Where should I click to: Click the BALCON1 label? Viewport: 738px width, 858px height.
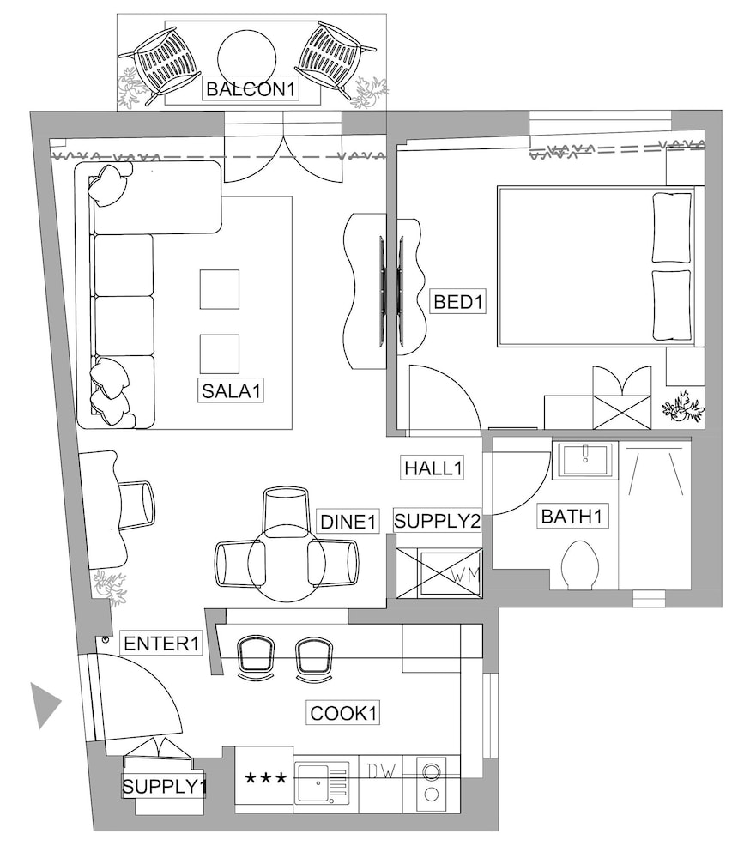pyautogui.click(x=251, y=88)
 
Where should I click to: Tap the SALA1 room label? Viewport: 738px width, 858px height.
pyautogui.click(x=231, y=390)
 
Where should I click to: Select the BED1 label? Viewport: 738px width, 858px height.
pyautogui.click(x=457, y=301)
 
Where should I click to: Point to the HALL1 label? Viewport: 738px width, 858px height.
pyautogui.click(x=433, y=468)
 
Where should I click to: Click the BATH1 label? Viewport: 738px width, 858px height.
pyautogui.click(x=572, y=516)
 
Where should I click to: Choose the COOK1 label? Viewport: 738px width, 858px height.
pyautogui.click(x=343, y=713)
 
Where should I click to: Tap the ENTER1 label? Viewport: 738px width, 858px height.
pyautogui.click(x=161, y=643)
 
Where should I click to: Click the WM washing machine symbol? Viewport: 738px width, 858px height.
pyautogui.click(x=451, y=574)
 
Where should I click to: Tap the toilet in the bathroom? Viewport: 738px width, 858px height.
pyautogui.click(x=580, y=565)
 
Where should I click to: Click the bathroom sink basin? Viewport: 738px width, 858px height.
pyautogui.click(x=585, y=460)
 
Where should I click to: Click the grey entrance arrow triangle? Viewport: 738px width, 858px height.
pyautogui.click(x=45, y=705)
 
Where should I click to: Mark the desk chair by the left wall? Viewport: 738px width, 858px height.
pyautogui.click(x=136, y=505)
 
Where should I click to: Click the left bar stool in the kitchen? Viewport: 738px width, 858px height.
pyautogui.click(x=256, y=656)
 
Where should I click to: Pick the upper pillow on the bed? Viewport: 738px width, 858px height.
pyautogui.click(x=672, y=227)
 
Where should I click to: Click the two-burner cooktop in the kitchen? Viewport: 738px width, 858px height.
pyautogui.click(x=432, y=783)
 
